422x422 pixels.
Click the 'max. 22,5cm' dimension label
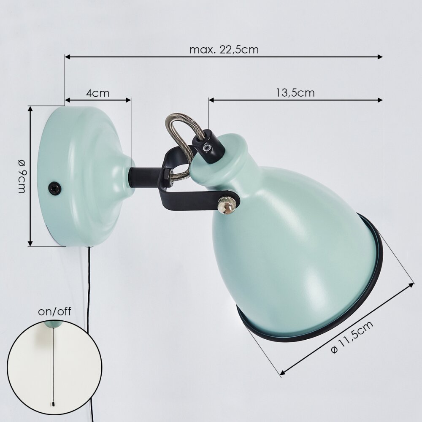tap(224, 50)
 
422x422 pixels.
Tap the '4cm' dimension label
tap(98, 93)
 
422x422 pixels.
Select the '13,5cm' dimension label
tap(295, 93)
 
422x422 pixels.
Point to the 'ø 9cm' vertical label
tap(22, 176)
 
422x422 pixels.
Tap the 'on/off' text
tap(54, 311)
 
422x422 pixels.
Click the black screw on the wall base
tap(54, 187)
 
